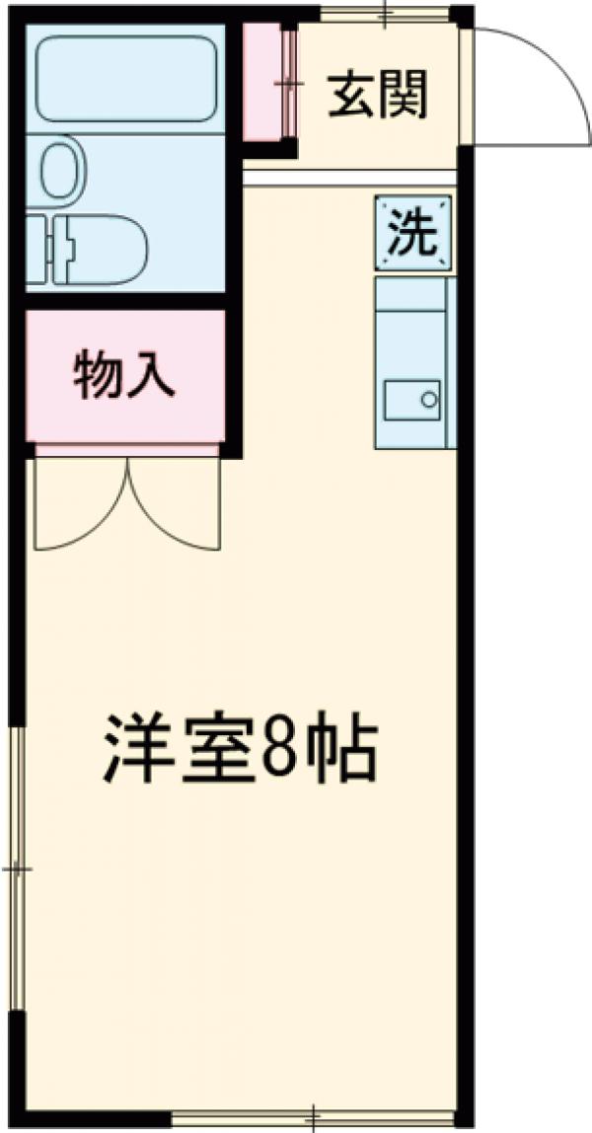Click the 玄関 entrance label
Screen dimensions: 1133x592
click(x=379, y=96)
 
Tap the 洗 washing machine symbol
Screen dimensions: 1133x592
click(x=412, y=233)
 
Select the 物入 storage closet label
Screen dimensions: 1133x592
click(x=124, y=376)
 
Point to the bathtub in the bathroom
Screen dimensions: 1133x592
click(x=125, y=79)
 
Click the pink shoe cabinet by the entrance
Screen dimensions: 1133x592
click(x=266, y=83)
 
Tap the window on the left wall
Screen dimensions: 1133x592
click(x=16, y=869)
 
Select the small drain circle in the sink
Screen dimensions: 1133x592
click(x=429, y=400)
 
